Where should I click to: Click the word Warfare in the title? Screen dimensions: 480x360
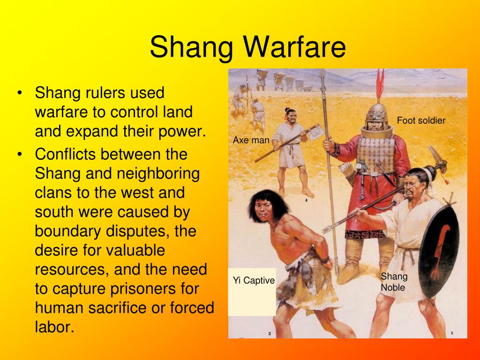tap(294, 47)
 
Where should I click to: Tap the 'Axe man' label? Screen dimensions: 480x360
tap(251, 140)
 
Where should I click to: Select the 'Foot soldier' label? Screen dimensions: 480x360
tap(421, 120)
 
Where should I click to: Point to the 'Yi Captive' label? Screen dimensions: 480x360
tap(254, 280)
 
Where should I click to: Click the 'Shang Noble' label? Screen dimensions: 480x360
tap(394, 282)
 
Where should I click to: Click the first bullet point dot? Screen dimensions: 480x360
tap(20, 92)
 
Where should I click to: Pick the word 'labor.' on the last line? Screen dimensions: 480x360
tap(54, 327)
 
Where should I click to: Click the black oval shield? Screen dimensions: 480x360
tap(439, 251)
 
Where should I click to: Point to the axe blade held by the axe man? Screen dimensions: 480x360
tap(316, 132)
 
